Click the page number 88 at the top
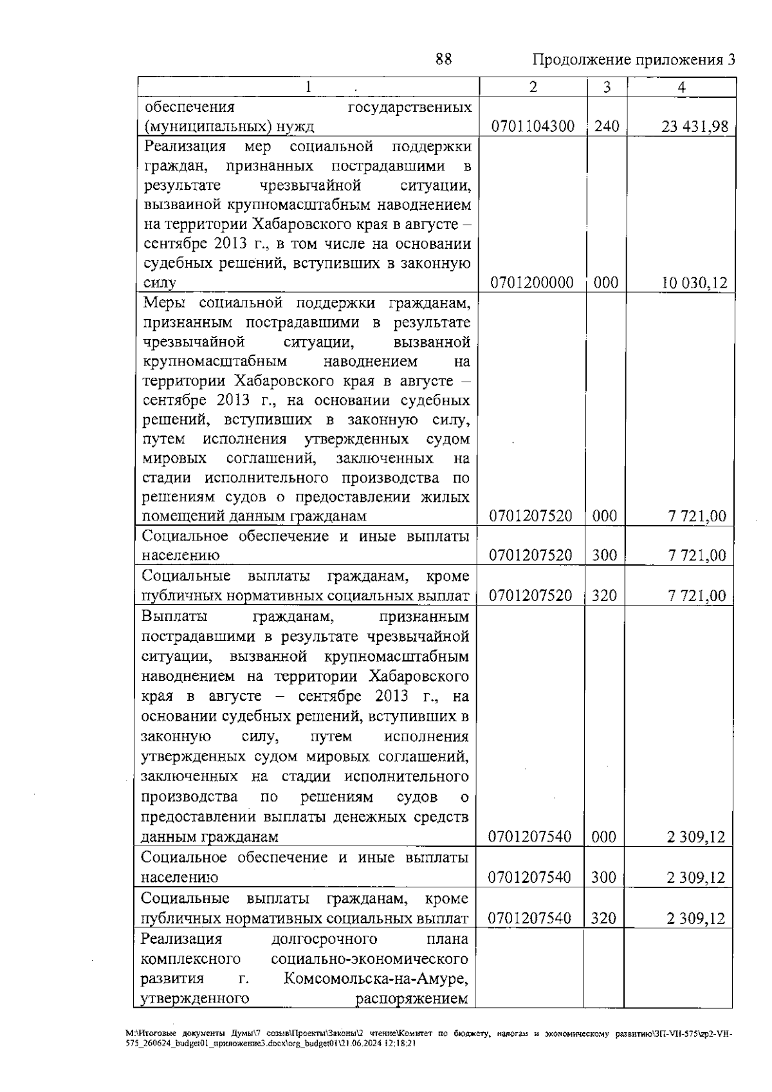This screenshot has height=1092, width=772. tap(443, 60)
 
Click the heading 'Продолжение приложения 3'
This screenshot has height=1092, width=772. tap(634, 60)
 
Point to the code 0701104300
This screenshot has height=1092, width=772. tap(533, 126)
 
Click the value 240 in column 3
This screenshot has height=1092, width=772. tap(607, 126)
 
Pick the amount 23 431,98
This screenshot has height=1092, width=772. tap(695, 127)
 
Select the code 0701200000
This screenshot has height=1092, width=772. tap(532, 282)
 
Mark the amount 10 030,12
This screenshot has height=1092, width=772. tap(695, 282)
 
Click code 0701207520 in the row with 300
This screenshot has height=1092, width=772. tap(531, 555)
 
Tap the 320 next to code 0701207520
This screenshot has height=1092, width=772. tap(604, 596)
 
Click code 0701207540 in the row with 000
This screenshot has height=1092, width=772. tap(530, 837)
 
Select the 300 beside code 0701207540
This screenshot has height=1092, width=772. tap(603, 877)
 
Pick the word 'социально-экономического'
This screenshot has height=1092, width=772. tap(369, 959)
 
